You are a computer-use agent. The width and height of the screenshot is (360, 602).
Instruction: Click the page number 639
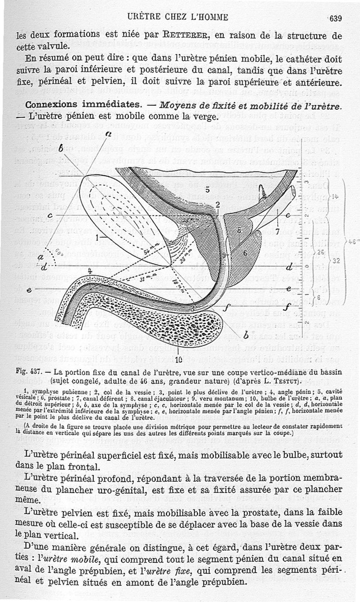(x=336, y=18)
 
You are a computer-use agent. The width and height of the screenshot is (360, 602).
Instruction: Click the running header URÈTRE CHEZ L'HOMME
(x=178, y=18)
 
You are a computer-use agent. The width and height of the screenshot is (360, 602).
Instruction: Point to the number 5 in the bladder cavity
(x=208, y=188)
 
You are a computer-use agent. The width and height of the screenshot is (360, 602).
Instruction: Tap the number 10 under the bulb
(x=179, y=359)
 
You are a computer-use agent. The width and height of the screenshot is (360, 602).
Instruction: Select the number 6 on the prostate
(x=245, y=253)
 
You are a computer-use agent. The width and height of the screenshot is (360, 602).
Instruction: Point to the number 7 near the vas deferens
(x=278, y=232)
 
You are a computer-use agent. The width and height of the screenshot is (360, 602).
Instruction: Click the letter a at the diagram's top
(x=108, y=134)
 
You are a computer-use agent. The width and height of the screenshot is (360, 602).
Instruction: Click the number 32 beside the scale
(x=337, y=261)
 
